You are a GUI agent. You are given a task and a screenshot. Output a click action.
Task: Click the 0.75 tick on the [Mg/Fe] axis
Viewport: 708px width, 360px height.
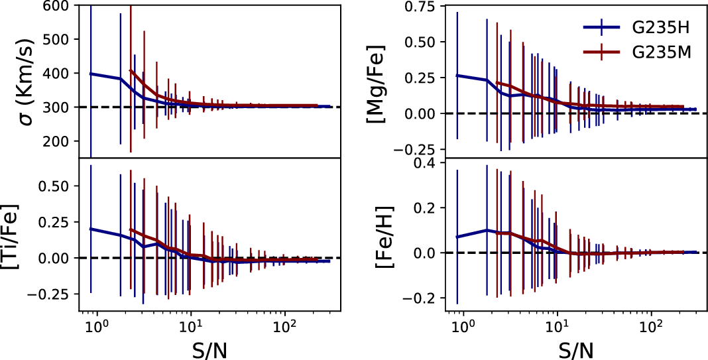coord(426,6)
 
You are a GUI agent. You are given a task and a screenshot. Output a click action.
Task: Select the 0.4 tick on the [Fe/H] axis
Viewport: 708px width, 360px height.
coord(431,162)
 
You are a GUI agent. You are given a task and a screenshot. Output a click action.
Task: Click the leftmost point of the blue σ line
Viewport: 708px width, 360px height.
coord(91,74)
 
